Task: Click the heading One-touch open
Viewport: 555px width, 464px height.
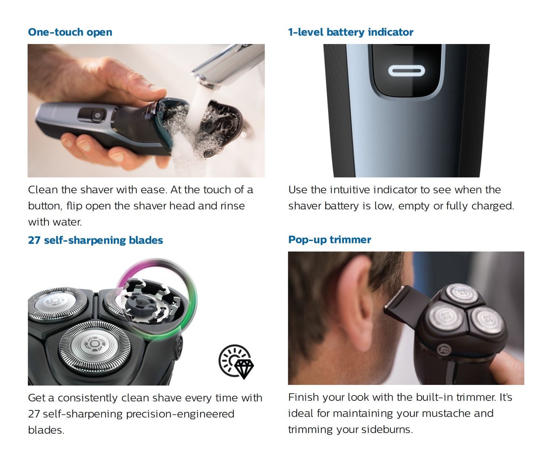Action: point(70,32)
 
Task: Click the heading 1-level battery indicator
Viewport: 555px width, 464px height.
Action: point(350,32)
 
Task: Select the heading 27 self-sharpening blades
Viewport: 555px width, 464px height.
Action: point(95,240)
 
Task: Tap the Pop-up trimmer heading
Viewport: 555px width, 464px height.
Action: point(329,240)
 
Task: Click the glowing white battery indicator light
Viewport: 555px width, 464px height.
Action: point(406,71)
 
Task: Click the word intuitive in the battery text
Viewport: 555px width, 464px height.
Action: point(350,190)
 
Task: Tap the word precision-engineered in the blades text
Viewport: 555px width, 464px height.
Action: point(180,414)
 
